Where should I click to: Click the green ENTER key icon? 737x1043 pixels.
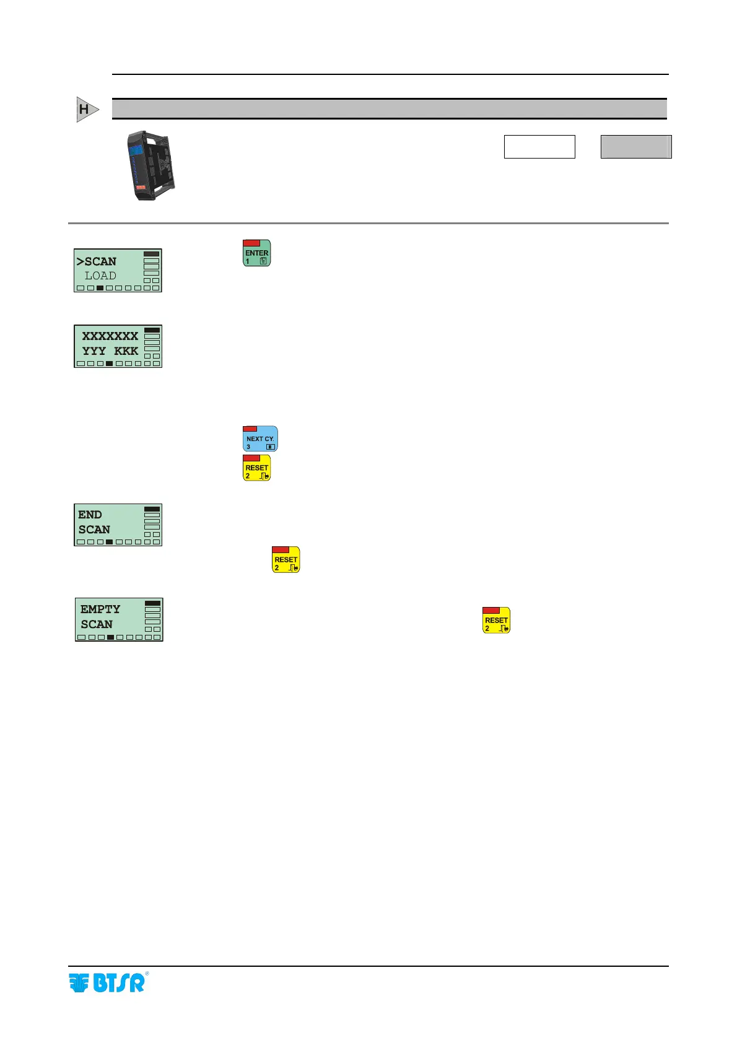click(256, 253)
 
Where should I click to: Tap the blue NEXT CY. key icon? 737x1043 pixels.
click(260, 439)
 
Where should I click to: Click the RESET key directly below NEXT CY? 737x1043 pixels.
click(256, 468)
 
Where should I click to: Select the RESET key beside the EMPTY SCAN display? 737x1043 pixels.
click(496, 620)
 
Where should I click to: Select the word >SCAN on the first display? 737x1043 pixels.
click(97, 261)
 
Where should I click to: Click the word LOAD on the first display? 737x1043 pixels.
click(100, 276)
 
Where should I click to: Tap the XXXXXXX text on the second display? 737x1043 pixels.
click(110, 336)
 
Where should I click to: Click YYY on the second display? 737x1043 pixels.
click(94, 351)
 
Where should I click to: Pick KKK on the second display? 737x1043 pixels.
click(126, 351)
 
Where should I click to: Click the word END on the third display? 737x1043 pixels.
click(90, 515)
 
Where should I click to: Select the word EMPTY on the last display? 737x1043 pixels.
click(100, 609)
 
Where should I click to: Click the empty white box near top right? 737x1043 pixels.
click(539, 147)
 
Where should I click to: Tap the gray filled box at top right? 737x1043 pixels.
click(636, 147)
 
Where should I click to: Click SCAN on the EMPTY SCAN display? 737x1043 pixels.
click(97, 624)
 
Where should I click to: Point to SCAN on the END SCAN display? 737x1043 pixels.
click(94, 530)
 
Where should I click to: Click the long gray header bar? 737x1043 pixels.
click(389, 109)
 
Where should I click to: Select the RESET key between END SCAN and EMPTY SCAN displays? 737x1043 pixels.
click(286, 560)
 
